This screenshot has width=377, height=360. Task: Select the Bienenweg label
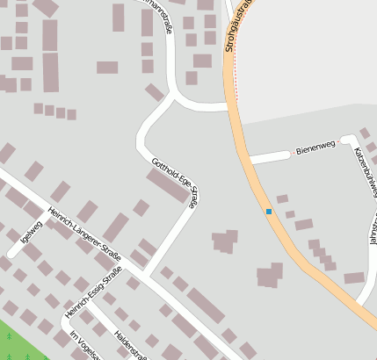point(315,147)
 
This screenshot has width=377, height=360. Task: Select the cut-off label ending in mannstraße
point(162,21)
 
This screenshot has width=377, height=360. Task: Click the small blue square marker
point(269,212)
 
